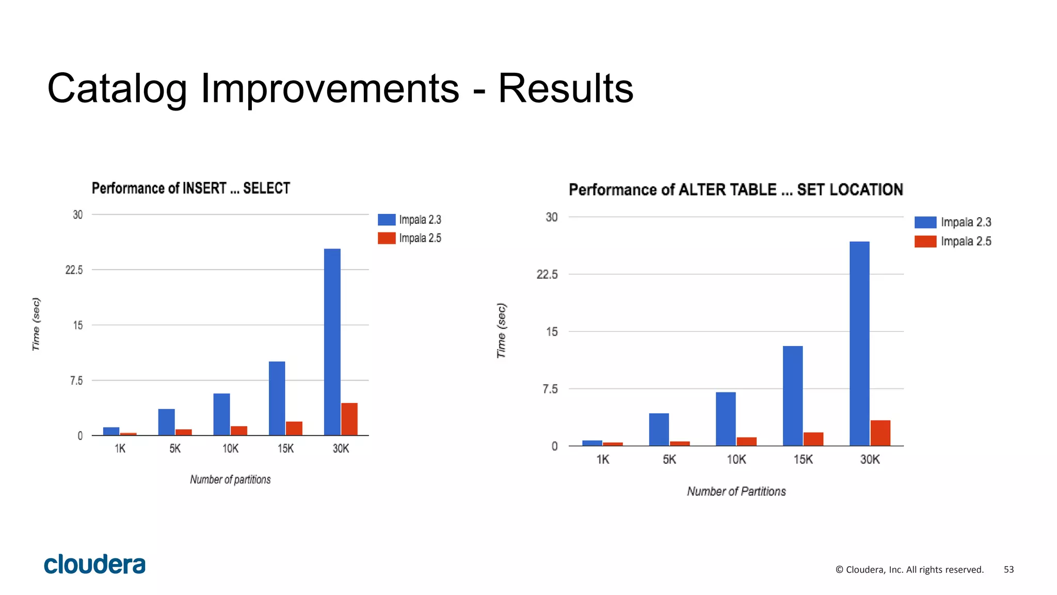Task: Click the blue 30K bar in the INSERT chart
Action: (x=332, y=342)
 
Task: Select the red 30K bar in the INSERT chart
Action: (x=349, y=419)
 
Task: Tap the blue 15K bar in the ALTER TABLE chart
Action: (x=792, y=396)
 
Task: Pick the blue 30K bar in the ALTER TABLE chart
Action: (x=859, y=343)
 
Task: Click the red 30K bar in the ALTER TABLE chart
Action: (x=880, y=433)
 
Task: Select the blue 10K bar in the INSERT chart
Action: (x=221, y=414)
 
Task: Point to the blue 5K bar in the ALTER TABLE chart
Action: (x=659, y=429)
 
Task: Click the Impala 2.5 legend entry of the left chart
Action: (x=410, y=238)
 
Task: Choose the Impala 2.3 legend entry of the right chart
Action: (x=953, y=222)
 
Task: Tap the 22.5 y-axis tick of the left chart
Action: (x=74, y=270)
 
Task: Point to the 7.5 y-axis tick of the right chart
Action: (x=550, y=389)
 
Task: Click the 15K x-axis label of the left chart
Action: (x=285, y=448)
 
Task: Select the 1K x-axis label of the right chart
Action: (x=602, y=459)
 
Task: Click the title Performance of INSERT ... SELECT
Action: (x=191, y=188)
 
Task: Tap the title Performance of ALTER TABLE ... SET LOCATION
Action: (x=735, y=190)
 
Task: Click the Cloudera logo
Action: (x=95, y=564)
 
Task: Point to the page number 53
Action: (x=1008, y=569)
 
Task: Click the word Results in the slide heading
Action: (x=565, y=88)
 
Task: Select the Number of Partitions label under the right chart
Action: (x=736, y=491)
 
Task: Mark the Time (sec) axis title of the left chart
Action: (x=36, y=324)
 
